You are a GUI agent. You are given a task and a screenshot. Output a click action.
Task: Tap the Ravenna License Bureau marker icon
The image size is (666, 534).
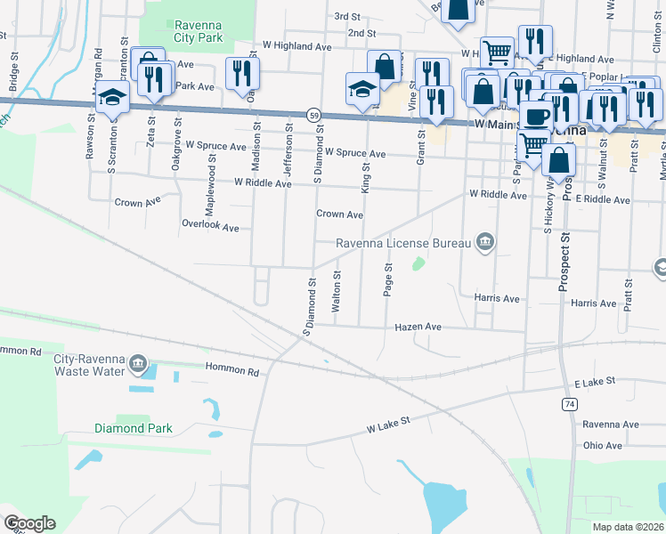[x=484, y=240]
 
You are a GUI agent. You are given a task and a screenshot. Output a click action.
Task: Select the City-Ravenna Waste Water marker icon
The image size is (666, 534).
[x=137, y=363]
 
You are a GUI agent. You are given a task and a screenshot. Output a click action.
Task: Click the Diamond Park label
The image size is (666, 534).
[x=133, y=428]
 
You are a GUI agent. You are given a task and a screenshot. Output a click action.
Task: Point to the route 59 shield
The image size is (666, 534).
[x=314, y=115]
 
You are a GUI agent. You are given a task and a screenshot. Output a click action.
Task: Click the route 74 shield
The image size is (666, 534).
[x=567, y=404]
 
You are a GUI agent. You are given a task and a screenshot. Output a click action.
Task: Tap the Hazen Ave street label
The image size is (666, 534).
[x=418, y=328]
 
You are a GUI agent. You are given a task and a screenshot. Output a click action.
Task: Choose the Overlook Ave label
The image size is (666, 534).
[x=210, y=227]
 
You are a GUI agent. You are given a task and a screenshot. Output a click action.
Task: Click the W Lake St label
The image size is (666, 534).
[x=387, y=430]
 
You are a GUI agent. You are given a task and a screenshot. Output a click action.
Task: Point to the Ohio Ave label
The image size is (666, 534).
[x=603, y=445]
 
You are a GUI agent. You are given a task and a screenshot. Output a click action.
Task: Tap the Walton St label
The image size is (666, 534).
[x=336, y=292]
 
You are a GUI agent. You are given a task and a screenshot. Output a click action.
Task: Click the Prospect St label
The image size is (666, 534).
[x=564, y=264]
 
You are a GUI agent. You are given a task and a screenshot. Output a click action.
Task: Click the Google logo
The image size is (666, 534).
[x=29, y=523]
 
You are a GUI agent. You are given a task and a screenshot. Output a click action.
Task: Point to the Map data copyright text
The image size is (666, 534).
[x=628, y=527]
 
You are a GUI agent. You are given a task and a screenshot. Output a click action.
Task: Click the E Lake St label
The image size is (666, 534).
[x=595, y=382]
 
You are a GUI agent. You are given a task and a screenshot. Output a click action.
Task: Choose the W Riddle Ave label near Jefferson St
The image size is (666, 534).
[x=263, y=183]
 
